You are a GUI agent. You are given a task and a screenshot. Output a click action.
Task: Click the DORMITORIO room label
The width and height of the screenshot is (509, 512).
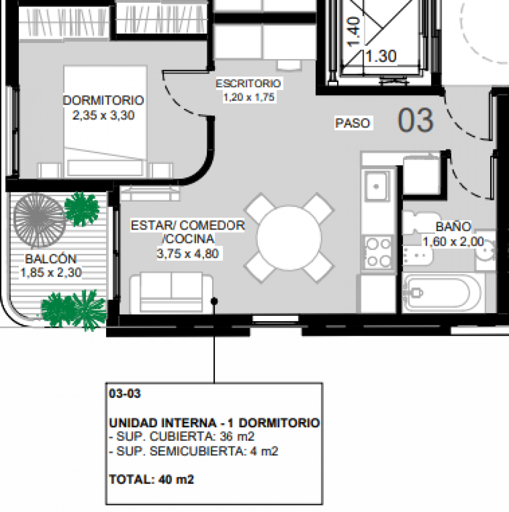[103, 101]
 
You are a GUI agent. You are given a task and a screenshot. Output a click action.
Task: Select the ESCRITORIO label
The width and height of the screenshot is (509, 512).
[248, 84]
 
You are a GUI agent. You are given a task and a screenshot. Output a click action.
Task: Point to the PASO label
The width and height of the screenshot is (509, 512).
[353, 123]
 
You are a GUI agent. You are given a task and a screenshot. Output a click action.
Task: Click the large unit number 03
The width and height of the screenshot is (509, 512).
[416, 121]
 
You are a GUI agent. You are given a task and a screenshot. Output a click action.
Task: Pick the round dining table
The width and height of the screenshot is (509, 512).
[289, 238]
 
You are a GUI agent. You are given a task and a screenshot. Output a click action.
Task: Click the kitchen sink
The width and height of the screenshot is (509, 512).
[376, 186]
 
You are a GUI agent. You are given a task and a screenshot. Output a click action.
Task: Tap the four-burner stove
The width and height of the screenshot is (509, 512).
[378, 252]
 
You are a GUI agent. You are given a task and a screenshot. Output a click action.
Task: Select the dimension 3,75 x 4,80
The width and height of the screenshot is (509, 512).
[188, 254]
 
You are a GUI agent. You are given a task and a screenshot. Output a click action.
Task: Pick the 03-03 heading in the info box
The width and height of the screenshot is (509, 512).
[124, 394]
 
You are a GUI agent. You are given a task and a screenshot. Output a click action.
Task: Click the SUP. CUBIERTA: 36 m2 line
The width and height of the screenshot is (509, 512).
[182, 437]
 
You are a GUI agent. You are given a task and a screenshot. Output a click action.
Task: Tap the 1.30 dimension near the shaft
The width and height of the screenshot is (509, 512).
[381, 56]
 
